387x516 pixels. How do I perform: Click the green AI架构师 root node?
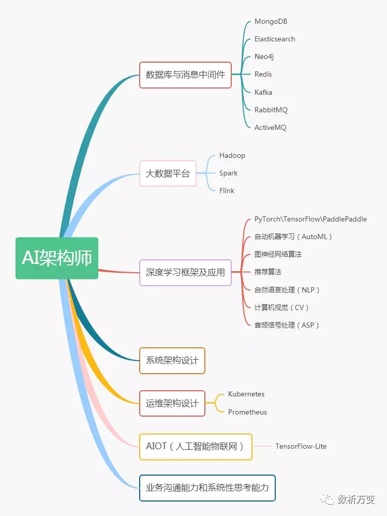(x=57, y=258)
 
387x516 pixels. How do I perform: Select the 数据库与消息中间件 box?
(x=185, y=75)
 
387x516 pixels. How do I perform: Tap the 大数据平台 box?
(x=168, y=173)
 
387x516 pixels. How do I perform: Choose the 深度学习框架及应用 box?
(x=185, y=272)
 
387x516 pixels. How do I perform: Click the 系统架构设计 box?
(x=172, y=360)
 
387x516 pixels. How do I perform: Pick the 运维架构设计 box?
(x=172, y=403)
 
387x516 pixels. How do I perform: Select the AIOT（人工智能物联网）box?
(x=196, y=446)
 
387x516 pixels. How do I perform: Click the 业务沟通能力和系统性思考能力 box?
(x=207, y=488)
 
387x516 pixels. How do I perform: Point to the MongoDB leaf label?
(x=271, y=22)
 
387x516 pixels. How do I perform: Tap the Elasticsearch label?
(x=275, y=39)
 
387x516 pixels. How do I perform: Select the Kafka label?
(x=263, y=92)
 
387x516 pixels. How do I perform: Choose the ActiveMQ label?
(x=270, y=127)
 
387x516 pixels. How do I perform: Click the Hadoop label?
(x=232, y=155)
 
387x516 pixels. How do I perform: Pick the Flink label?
(x=227, y=190)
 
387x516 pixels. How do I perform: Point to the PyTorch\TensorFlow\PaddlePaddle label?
(x=310, y=219)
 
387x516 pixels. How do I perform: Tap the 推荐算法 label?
(x=268, y=272)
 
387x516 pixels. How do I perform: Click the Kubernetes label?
(x=246, y=394)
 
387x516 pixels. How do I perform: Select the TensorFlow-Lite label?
(x=301, y=446)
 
